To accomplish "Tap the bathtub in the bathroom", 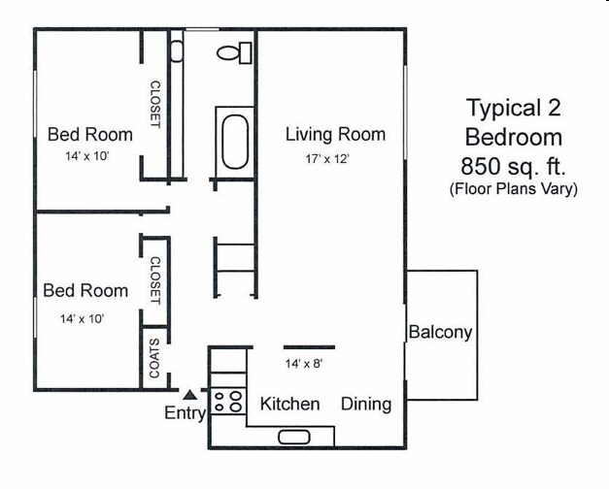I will coord(236,142).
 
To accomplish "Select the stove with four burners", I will coord(229,402).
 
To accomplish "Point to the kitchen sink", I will coord(293,437).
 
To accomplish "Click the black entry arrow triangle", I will coord(190,395).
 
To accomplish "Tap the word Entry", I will coord(185,414).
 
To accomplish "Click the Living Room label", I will coord(335,134).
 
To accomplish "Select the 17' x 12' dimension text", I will coord(312,158).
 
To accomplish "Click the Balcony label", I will coord(440,332).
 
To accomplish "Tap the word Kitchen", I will coord(290,404).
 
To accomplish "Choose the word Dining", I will coord(366,404).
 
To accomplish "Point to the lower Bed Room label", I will coord(85,290).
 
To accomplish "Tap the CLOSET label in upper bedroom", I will coord(154,105).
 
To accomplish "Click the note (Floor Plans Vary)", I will coord(513,189).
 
